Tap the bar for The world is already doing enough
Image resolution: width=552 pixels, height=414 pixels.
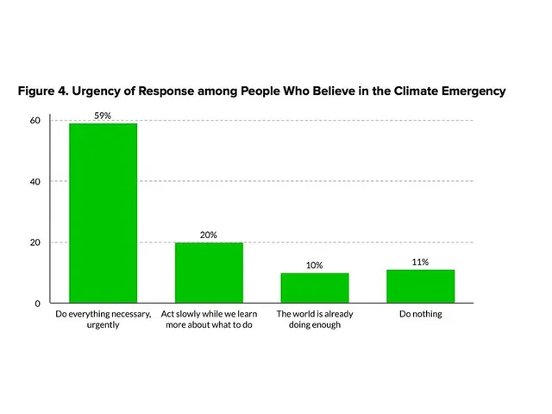[x=314, y=288]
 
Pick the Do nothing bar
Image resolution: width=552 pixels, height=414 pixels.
[x=420, y=286]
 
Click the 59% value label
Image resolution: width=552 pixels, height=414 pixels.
[x=103, y=116]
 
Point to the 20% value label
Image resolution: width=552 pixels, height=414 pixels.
[x=208, y=235]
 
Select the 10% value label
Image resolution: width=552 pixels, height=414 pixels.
[x=314, y=265]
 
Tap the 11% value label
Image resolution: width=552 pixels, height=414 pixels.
[x=420, y=262]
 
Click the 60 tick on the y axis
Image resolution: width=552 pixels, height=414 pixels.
[x=35, y=121]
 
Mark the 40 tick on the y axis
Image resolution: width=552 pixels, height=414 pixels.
[x=35, y=182]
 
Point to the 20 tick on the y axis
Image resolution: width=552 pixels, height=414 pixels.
[x=35, y=242]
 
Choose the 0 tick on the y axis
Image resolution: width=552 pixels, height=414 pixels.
[x=38, y=304]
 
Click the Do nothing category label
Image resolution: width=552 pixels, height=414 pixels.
[x=420, y=314]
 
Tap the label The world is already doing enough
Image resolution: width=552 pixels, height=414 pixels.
[x=314, y=320]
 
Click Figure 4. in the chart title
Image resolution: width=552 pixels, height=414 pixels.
[x=47, y=91]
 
